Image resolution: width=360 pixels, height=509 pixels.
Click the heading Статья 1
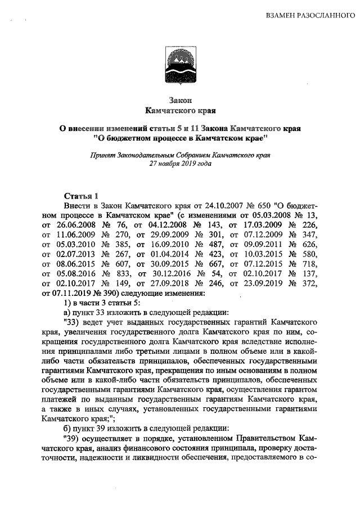pos(81,196)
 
